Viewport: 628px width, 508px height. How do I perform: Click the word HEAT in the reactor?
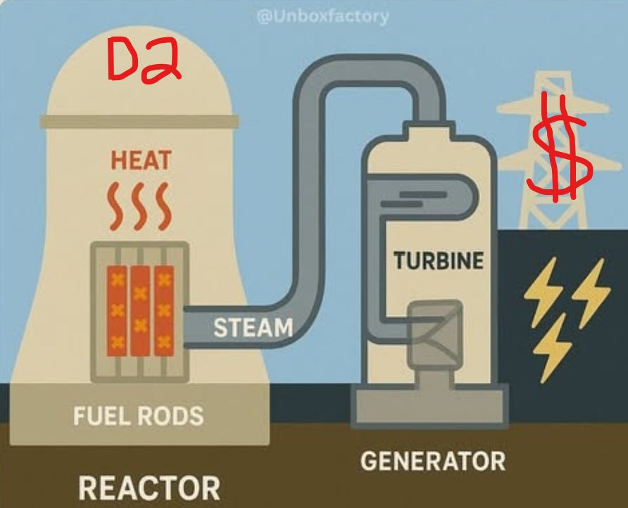pos(141,160)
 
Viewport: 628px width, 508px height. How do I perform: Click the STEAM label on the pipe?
pos(253,327)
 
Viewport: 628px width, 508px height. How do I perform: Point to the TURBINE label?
pos(439,260)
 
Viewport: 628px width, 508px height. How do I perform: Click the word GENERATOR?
pos(433,461)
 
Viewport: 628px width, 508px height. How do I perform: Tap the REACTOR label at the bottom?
pos(149,488)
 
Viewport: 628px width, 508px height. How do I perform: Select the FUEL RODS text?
pos(139,415)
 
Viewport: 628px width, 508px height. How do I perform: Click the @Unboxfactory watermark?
pos(322,17)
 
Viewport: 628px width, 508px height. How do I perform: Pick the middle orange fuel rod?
pos(140,311)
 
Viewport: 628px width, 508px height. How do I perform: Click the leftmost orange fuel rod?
pos(117,311)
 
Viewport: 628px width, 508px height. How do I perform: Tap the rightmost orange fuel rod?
pos(164,311)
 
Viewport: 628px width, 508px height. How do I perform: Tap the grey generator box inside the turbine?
pos(435,334)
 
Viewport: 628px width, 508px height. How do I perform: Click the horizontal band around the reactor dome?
pos(139,121)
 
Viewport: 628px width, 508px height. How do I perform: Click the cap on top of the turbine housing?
pos(429,130)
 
